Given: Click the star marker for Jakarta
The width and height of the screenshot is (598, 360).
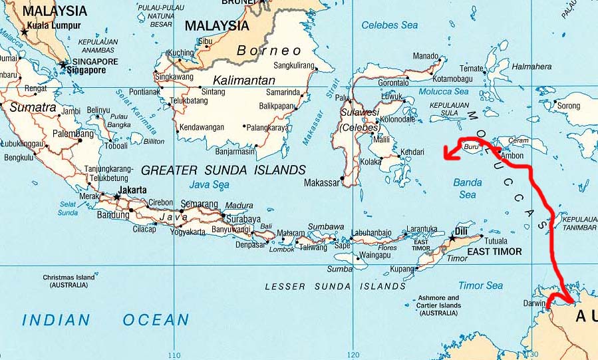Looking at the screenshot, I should tap(116, 197).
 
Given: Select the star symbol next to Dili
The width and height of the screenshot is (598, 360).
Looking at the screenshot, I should tap(452, 238).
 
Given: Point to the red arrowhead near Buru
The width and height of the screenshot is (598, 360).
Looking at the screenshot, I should tap(450, 154).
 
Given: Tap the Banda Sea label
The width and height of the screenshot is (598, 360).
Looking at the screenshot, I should tap(468, 188).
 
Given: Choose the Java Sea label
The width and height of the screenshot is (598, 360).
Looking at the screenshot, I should tap(209, 184).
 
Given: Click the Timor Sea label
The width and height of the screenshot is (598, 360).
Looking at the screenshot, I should tap(480, 285).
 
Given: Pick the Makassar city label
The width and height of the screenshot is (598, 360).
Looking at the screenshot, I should tap(321, 182).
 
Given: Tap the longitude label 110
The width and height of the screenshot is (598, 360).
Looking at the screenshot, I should tap(174, 355).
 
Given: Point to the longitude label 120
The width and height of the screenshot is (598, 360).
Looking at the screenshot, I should tap(353, 355).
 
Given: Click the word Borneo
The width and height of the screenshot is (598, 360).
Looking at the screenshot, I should tap(269, 51).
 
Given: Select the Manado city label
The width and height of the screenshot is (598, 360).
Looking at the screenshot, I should tap(426, 57).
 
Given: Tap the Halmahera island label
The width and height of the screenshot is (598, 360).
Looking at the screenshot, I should tap(532, 67).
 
